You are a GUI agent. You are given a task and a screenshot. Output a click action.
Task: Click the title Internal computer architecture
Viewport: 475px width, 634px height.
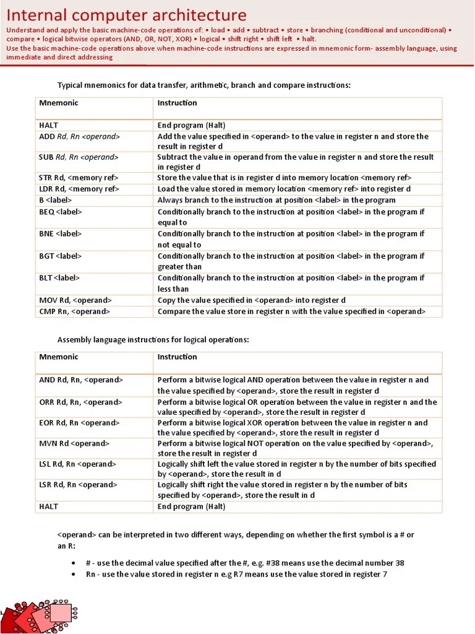[126, 15]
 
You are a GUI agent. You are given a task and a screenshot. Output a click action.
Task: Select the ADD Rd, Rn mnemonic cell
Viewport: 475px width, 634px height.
[79, 136]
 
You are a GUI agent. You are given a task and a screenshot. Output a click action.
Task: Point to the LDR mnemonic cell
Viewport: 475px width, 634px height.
[79, 189]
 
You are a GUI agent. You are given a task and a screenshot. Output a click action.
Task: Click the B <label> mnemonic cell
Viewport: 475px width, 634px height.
[56, 200]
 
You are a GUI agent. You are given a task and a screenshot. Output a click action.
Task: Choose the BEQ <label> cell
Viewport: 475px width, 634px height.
[60, 212]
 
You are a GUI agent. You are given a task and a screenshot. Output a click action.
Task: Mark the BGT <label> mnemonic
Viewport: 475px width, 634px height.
[60, 256]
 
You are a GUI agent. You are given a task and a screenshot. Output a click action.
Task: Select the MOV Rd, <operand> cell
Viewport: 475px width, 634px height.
[75, 300]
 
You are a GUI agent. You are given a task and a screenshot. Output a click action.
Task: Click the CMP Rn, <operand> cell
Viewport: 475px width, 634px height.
[75, 311]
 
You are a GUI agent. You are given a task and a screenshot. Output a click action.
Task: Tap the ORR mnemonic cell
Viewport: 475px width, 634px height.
[81, 402]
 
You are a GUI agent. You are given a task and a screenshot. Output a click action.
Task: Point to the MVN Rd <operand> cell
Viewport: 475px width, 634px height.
[74, 444]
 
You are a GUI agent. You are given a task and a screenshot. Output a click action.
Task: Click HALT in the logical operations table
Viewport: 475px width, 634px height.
[49, 506]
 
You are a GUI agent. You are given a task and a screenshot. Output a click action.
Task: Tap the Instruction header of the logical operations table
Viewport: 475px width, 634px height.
[177, 357]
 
